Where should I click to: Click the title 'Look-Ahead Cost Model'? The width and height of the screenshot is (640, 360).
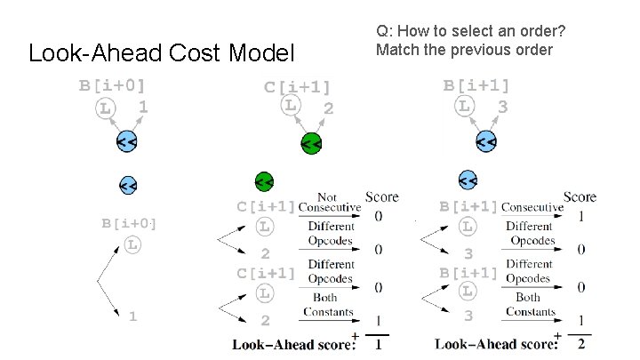(x=161, y=53)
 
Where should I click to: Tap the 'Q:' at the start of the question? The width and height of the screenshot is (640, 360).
(x=385, y=32)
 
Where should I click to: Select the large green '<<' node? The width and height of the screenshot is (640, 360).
(x=310, y=143)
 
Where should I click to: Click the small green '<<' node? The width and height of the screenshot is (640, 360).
(x=263, y=181)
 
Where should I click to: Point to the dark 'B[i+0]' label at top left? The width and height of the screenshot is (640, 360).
(x=112, y=86)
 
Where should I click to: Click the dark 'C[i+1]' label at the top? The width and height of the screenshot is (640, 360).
(x=297, y=87)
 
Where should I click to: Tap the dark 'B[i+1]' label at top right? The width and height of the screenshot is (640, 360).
(x=477, y=85)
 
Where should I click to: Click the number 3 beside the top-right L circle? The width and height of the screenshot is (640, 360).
(x=502, y=108)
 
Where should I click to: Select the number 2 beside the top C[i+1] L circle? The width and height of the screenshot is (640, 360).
(x=328, y=109)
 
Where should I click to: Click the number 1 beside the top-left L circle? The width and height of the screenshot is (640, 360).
(x=142, y=107)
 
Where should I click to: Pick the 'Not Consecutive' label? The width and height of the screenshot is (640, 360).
(x=329, y=202)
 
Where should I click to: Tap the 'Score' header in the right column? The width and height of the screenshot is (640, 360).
(x=580, y=196)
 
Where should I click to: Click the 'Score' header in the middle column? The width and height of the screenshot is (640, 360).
(x=381, y=196)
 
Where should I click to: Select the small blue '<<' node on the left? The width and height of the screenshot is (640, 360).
(x=128, y=185)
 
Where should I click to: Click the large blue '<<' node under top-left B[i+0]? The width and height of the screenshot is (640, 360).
(x=126, y=142)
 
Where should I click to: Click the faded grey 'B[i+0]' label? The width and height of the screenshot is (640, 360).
(x=129, y=223)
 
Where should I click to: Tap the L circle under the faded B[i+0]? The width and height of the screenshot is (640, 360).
(x=132, y=244)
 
